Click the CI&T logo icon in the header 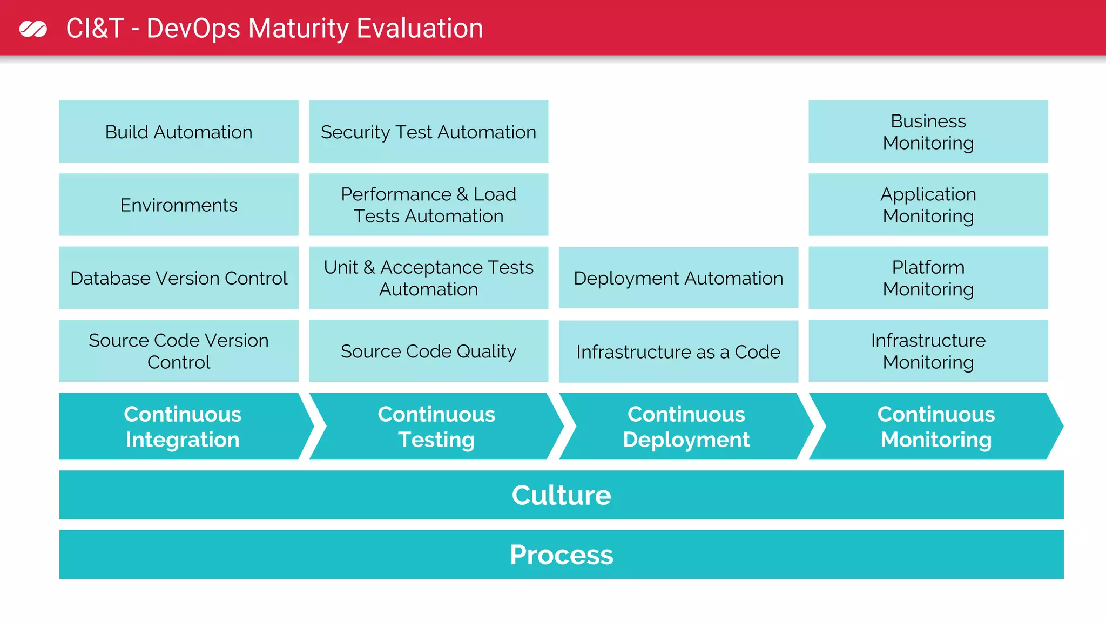(x=33, y=29)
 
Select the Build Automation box (x=179, y=132)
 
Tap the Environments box (x=179, y=205)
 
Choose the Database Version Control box (x=179, y=278)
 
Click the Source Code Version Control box (x=179, y=351)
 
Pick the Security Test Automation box (x=428, y=132)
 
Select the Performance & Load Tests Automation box (x=428, y=205)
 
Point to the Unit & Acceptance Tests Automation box (x=428, y=278)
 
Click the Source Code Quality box (x=428, y=351)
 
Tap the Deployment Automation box (x=678, y=278)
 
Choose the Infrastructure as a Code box (x=678, y=351)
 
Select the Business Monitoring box (x=928, y=132)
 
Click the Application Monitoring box (x=928, y=205)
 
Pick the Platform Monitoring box (x=928, y=278)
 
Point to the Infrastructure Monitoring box (x=928, y=351)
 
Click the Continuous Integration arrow (x=183, y=427)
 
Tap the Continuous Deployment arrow (x=686, y=427)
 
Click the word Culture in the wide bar (x=561, y=495)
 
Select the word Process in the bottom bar (x=561, y=555)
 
